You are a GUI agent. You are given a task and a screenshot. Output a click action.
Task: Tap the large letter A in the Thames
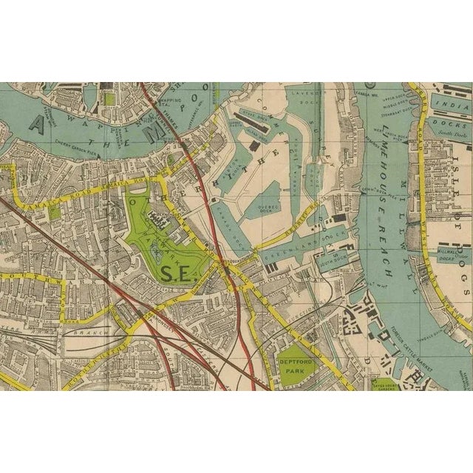tap(35, 124)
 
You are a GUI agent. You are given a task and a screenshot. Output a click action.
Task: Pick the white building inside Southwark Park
tap(157, 216)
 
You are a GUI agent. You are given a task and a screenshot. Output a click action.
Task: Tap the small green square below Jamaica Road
tap(54, 212)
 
